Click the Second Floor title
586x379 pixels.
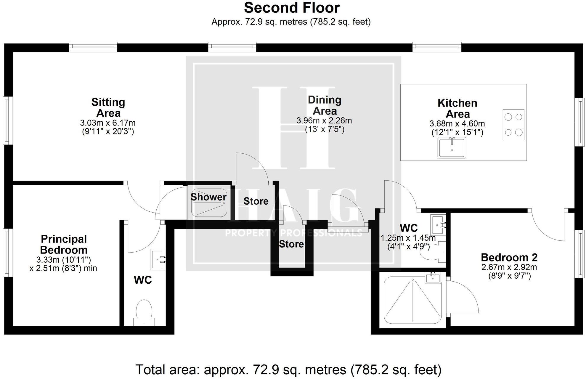click(292, 8)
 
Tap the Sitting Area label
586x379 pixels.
click(108, 107)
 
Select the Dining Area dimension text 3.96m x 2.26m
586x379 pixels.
click(324, 121)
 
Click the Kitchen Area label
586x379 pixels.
click(457, 108)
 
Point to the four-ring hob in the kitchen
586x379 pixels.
click(513, 125)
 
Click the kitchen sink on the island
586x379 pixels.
click(452, 147)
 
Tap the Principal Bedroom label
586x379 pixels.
click(64, 244)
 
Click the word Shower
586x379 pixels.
click(208, 197)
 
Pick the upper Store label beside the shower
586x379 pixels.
click(256, 201)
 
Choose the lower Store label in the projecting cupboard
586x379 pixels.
click(291, 244)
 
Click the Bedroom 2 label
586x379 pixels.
click(509, 257)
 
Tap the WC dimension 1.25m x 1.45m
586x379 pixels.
click(408, 238)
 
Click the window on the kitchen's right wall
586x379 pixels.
click(579, 122)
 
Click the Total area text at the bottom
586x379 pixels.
click(288, 370)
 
